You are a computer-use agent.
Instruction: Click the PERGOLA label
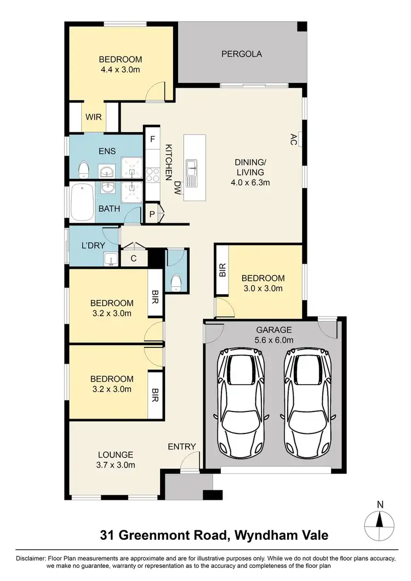(x=242, y=54)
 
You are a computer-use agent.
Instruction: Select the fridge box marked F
(x=151, y=139)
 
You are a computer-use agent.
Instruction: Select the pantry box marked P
(x=151, y=213)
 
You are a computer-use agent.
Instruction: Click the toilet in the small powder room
(x=176, y=282)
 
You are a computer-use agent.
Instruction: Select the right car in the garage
(x=308, y=402)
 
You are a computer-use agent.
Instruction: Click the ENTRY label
(x=182, y=447)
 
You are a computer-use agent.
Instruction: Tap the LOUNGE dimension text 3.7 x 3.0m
(x=116, y=465)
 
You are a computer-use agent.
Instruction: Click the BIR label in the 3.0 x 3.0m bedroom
(x=222, y=269)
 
